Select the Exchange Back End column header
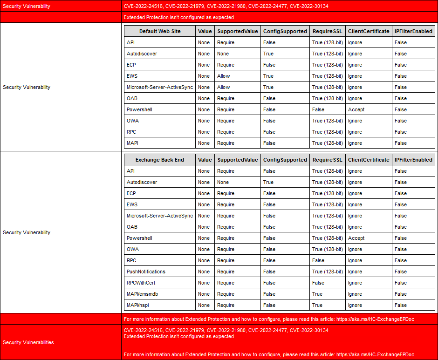tap(159, 160)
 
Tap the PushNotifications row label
tap(146, 272)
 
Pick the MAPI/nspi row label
tap(138, 305)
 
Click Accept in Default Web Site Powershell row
tap(356, 109)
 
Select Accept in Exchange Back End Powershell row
tap(356, 238)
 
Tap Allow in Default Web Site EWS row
tap(224, 76)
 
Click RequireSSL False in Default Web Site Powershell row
tap(318, 109)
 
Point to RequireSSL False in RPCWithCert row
tap(318, 283)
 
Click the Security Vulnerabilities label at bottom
tap(28, 342)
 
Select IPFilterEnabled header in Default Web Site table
tap(413, 31)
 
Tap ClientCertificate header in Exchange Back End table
tap(369, 160)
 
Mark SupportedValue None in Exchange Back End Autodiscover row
tap(223, 182)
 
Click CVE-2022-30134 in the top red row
tap(309, 6)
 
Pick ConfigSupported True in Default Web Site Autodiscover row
tap(268, 54)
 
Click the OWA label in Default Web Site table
tap(132, 121)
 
